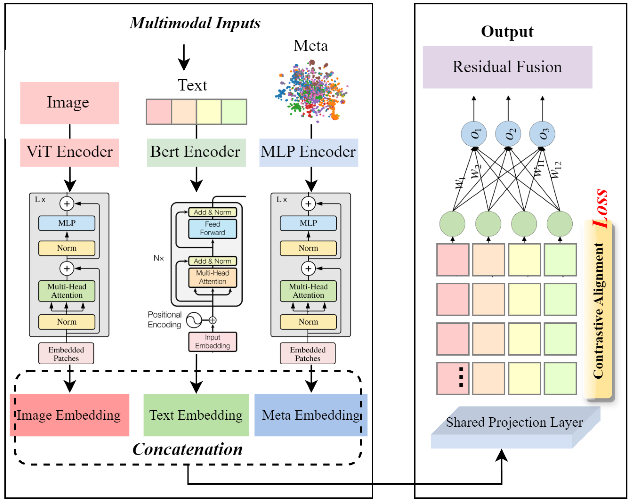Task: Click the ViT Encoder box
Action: click(69, 152)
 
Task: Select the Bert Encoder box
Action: click(196, 152)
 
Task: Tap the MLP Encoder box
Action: click(308, 152)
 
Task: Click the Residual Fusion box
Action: click(507, 67)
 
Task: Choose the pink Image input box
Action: click(69, 103)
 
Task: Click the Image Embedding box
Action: click(69, 415)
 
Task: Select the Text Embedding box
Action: click(196, 415)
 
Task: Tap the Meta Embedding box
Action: click(311, 415)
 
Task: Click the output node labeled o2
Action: click(508, 134)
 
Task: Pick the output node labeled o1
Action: click(474, 134)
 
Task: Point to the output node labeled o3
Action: click(542, 134)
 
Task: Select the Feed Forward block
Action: click(213, 228)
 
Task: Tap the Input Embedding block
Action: click(213, 341)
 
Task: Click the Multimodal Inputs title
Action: click(195, 23)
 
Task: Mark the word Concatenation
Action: click(187, 449)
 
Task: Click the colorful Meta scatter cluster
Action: click(311, 91)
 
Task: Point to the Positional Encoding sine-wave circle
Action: click(194, 320)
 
